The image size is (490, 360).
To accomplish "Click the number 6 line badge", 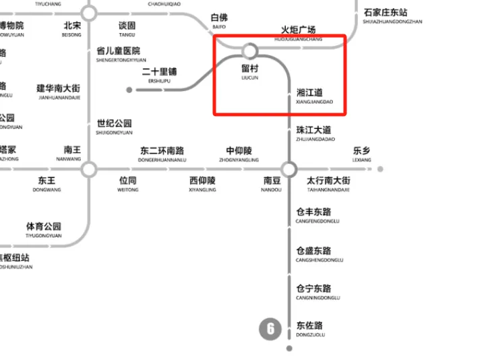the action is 270,329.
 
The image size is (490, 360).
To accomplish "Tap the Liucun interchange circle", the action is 250,51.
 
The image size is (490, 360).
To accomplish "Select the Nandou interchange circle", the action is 289,169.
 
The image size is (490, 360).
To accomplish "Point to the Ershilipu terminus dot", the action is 129,89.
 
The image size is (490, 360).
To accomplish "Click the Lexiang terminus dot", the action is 380,169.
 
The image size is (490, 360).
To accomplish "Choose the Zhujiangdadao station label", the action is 315,133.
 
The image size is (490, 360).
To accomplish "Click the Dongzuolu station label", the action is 310,328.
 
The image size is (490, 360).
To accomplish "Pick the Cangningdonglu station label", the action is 319,292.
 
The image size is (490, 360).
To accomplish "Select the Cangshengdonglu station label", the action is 319,254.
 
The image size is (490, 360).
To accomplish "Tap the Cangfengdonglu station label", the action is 317,216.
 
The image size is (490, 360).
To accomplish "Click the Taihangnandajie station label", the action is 328,184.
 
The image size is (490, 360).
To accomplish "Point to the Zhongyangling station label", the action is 239,154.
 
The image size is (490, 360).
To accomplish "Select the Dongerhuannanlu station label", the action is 162,154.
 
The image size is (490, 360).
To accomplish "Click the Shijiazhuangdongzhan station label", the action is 392,16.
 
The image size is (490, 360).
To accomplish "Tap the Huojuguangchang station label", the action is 298,33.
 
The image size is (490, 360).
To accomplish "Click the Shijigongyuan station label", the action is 114,127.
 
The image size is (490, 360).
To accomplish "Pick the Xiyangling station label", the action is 202,184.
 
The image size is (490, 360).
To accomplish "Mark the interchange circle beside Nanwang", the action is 88,169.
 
